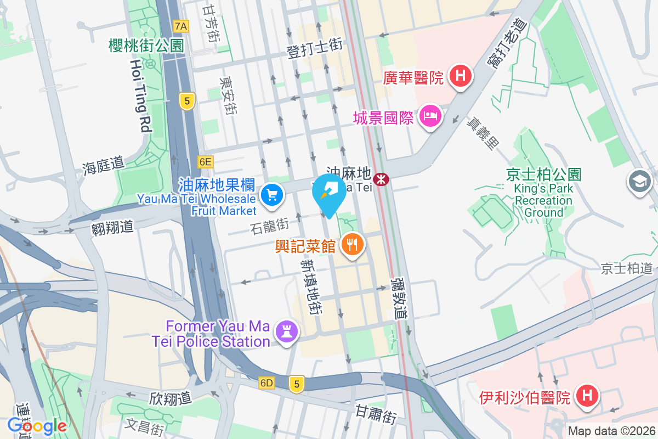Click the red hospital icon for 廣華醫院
[461, 76]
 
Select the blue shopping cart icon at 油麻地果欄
[271, 195]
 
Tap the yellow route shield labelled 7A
[180, 26]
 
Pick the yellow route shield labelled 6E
[205, 161]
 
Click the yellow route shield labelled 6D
[266, 382]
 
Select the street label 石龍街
[269, 225]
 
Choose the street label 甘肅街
[376, 414]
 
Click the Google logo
[37, 425]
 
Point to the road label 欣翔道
[170, 397]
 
